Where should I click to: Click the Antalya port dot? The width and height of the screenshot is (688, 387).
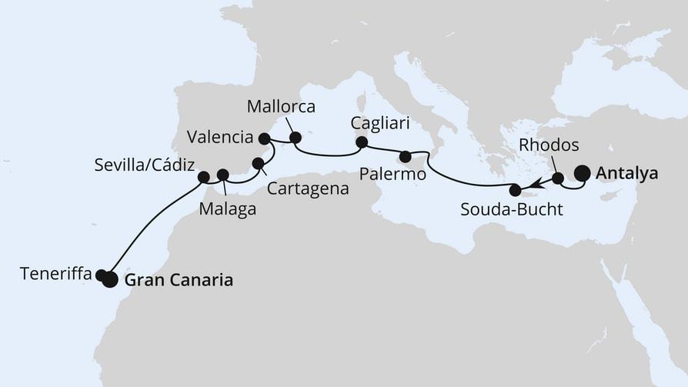pos(582,173)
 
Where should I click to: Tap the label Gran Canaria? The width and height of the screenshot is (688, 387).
pos(179,281)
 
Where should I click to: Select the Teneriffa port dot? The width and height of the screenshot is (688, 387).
pos(100,275)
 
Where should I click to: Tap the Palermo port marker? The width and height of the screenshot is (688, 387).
pos(406,157)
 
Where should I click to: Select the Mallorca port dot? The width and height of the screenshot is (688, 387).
pos(296,138)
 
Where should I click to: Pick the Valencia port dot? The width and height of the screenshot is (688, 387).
pos(265,138)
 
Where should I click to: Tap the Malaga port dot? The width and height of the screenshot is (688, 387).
pos(223,175)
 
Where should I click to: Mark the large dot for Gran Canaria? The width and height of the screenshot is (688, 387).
pos(110,280)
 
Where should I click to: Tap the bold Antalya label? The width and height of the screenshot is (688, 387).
pos(627,174)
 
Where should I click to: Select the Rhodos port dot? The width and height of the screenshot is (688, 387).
pos(558,178)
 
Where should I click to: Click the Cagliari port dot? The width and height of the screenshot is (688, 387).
pos(361,142)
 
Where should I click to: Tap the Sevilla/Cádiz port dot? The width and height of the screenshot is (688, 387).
pos(203,177)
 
